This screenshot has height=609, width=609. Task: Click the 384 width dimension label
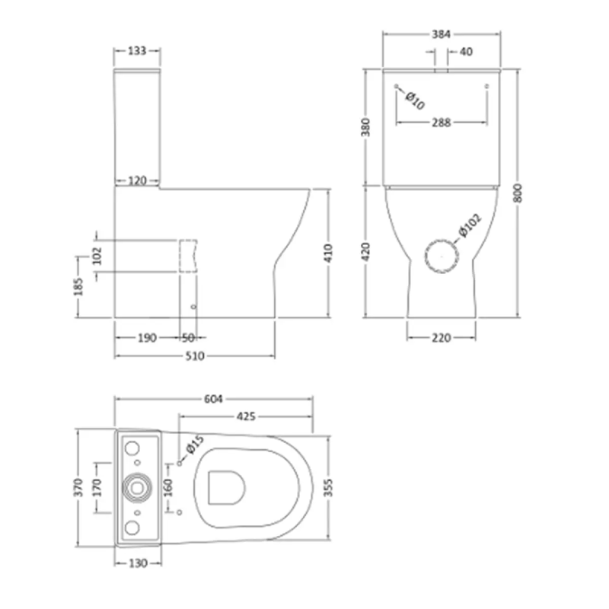[442, 34]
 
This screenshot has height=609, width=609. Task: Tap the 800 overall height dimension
[518, 193]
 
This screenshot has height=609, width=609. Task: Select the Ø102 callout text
[470, 225]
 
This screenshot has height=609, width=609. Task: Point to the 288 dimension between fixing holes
[442, 123]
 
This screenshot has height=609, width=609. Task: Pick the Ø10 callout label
[415, 100]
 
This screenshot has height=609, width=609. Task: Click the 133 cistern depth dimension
[137, 50]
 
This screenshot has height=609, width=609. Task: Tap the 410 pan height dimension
[328, 253]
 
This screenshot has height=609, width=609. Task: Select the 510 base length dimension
[195, 356]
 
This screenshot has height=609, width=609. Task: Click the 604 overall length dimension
[213, 399]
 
